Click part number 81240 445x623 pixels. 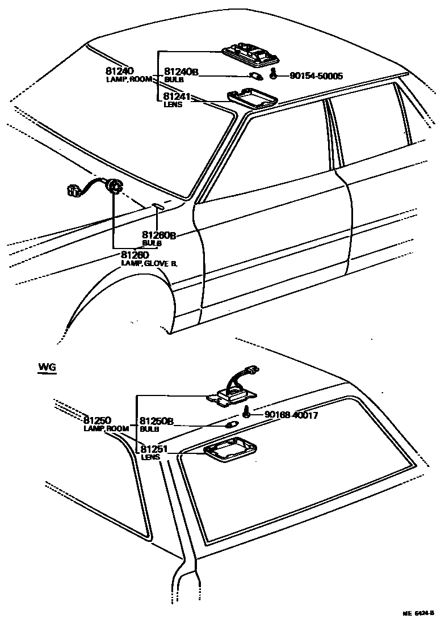coord(119,71)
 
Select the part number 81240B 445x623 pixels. coord(181,72)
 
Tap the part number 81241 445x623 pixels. coord(177,97)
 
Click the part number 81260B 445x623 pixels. coord(159,235)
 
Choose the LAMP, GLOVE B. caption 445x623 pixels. coord(149,263)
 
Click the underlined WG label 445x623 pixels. coord(47,368)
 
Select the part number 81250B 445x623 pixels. coord(156,422)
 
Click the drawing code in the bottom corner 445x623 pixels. coord(418,613)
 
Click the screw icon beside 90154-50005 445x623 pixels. coord(273,74)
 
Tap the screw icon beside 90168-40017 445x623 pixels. coord(247,411)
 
